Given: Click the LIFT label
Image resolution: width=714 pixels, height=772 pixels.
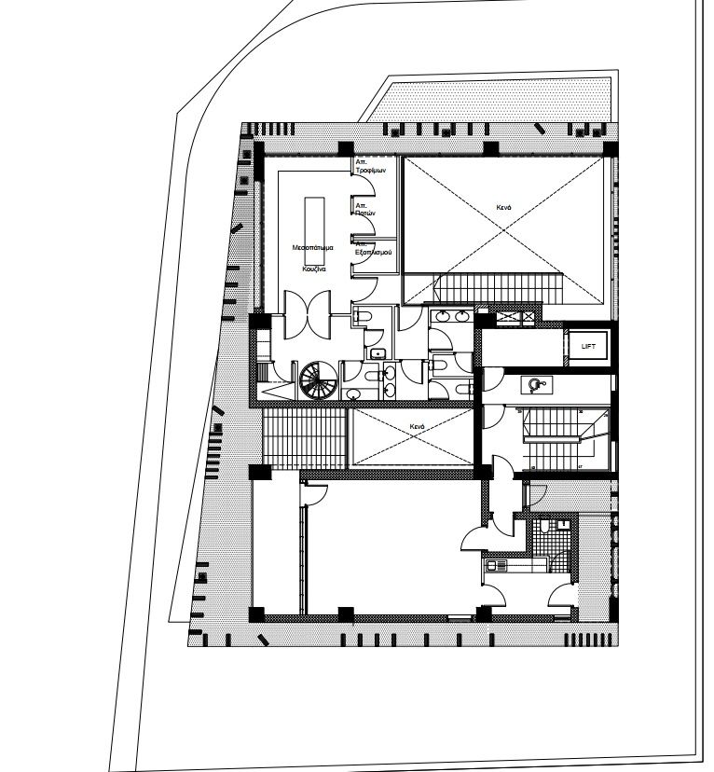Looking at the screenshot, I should [x=587, y=346].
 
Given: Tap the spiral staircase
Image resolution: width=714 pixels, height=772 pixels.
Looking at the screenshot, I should [x=318, y=380].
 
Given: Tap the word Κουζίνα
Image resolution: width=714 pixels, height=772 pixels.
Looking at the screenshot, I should [x=312, y=268].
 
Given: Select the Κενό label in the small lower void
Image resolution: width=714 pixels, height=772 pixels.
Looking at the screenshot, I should [x=416, y=427].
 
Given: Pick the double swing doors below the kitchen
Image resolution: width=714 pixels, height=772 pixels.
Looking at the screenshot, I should [x=307, y=316].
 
